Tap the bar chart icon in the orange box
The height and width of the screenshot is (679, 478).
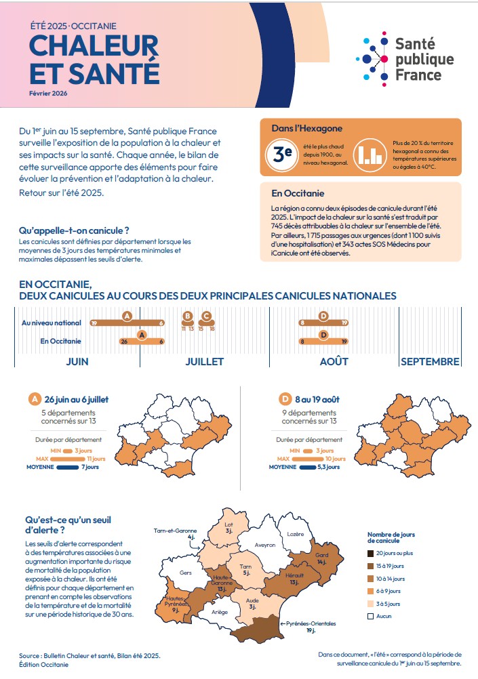point(369,155)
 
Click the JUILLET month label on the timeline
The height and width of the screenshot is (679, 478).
point(205,361)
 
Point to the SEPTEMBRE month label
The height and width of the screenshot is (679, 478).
point(430,361)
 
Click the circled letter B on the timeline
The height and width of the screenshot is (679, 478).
point(188,316)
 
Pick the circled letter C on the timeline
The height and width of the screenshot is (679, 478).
point(207,316)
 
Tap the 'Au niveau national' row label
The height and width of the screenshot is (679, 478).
point(52,323)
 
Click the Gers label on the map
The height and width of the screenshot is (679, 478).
point(186,572)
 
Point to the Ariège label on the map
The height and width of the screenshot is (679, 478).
point(220,612)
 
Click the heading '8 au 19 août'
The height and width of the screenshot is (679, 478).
point(316,399)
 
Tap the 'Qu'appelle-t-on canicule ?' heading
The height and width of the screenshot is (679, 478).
point(74,230)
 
